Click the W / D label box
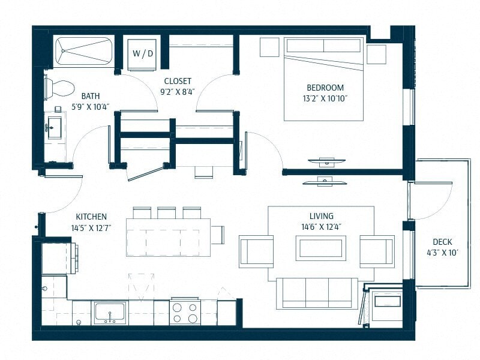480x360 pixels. [142, 53]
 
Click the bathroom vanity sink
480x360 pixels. [55, 127]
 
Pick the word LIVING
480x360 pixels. [322, 216]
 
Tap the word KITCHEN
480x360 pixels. [91, 217]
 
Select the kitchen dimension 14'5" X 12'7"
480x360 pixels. [91, 227]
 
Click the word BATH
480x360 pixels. [91, 96]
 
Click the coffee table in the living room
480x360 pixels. [320, 248]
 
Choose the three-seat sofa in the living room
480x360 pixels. [317, 293]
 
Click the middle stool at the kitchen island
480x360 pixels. [166, 213]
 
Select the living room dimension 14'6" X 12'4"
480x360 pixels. [322, 227]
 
